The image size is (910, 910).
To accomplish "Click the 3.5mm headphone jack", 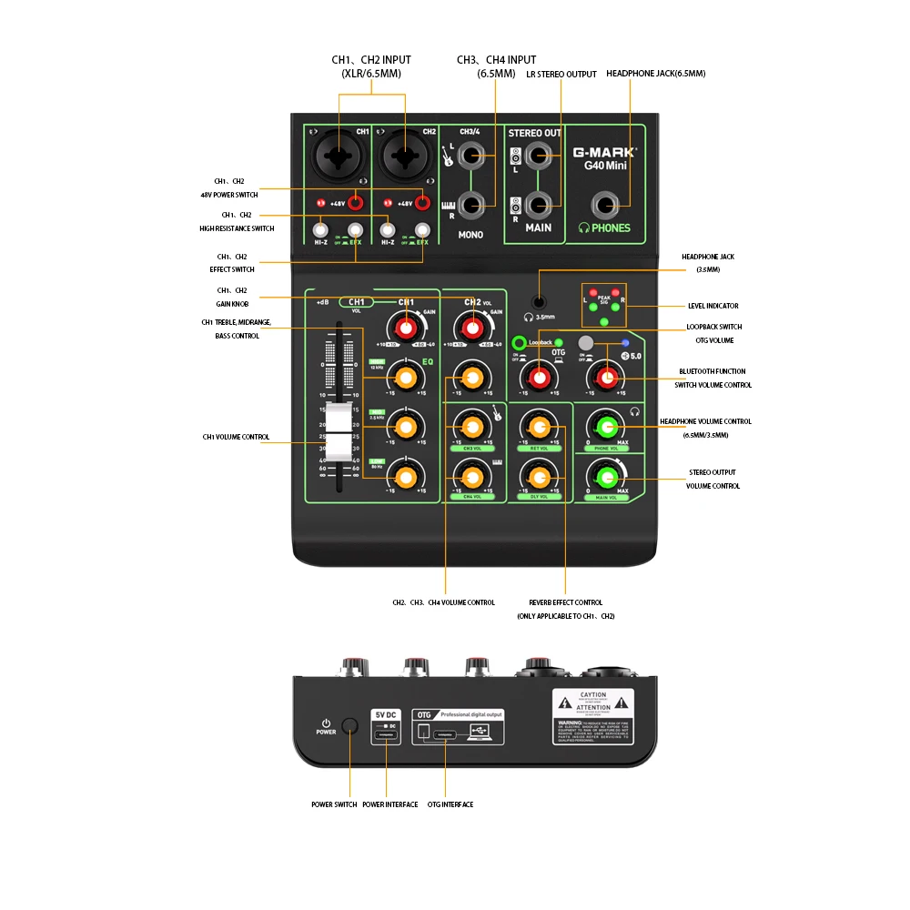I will [x=540, y=302].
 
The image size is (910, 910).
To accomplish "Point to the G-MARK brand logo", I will [x=604, y=152].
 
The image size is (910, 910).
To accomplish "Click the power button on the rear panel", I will [x=349, y=725].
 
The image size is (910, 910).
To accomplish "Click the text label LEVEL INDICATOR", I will [x=713, y=306].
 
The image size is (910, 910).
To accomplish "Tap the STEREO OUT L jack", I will [x=539, y=157].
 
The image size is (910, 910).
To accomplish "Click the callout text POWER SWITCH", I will [x=334, y=804].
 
